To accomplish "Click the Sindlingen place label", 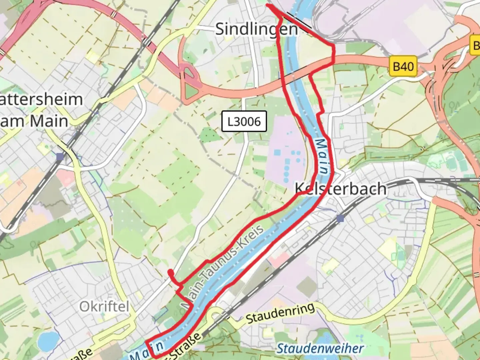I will point(256,29).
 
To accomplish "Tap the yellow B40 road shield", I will point(403,66).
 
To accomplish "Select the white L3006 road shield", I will point(244,121).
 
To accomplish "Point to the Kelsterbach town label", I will point(341,189).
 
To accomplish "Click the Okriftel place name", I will point(104,306).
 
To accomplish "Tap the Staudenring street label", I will point(280,313).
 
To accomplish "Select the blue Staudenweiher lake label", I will point(320,349).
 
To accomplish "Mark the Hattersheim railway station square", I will point(60,157).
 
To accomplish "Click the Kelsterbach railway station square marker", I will point(340,218).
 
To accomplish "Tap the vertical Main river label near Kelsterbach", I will point(321,156).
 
